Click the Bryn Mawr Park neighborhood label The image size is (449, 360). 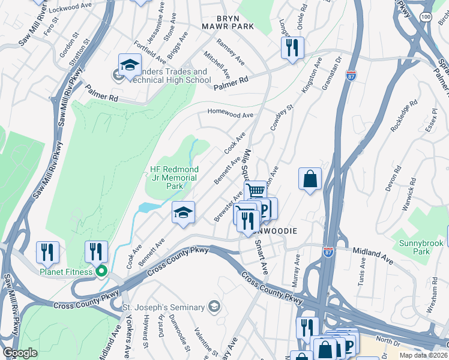[228, 22]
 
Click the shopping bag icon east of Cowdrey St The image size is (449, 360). [310, 178]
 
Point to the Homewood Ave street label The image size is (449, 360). [231, 113]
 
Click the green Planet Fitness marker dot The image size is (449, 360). [101, 272]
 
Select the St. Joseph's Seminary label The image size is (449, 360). [164, 308]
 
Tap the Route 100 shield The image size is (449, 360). [426, 17]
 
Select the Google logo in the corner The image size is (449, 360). [20, 352]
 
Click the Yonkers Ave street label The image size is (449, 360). [128, 338]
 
